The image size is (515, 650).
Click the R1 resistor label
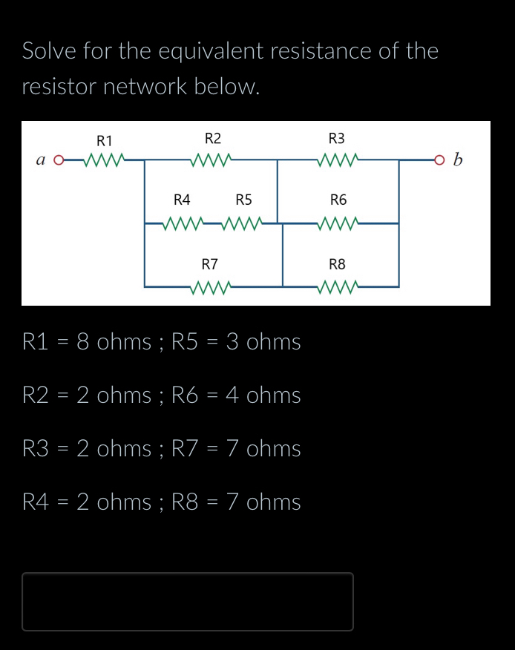point(105,140)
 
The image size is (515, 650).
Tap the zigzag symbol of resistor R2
point(213,159)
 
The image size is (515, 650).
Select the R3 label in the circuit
point(336,139)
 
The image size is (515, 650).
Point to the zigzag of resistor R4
point(182,222)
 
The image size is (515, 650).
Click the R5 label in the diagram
point(243,200)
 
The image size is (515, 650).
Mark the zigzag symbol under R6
point(338,222)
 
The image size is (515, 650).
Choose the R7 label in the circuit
point(210,264)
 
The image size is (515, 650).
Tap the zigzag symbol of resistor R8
point(338,286)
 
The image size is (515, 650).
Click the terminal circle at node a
point(59,159)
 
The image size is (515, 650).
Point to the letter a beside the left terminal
point(40,160)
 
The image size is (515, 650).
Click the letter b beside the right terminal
point(458,160)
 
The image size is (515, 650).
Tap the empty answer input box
point(188,601)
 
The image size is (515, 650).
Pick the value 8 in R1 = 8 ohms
point(83,342)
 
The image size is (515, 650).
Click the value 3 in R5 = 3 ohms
point(232,342)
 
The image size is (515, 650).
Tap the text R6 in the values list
point(186,395)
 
